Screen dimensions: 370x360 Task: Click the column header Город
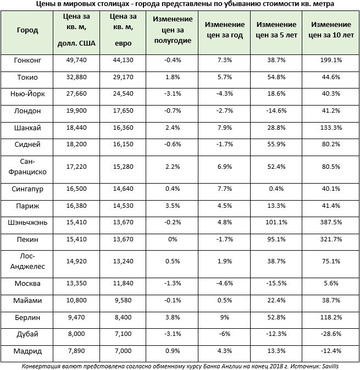(28, 30)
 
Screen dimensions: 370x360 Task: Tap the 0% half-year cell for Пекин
(172, 239)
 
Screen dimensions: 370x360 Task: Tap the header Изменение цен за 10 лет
(329, 30)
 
